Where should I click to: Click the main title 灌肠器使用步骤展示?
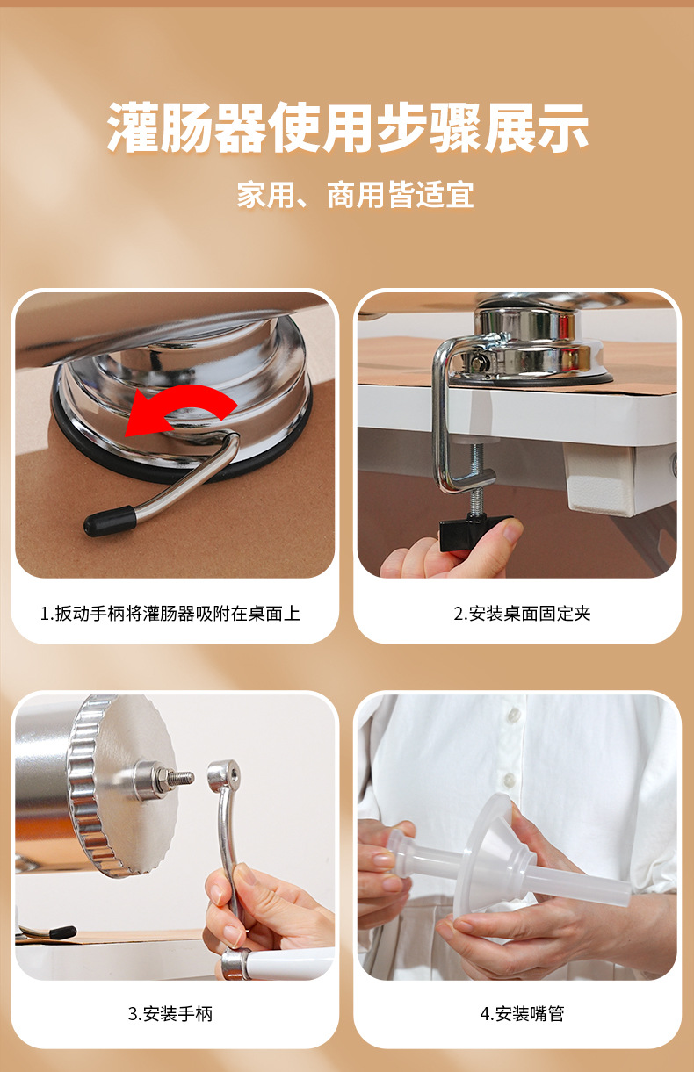tap(347, 128)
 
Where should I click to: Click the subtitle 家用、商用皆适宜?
tap(355, 194)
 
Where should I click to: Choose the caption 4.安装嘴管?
tap(522, 1014)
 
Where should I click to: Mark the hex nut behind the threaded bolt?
tap(150, 778)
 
